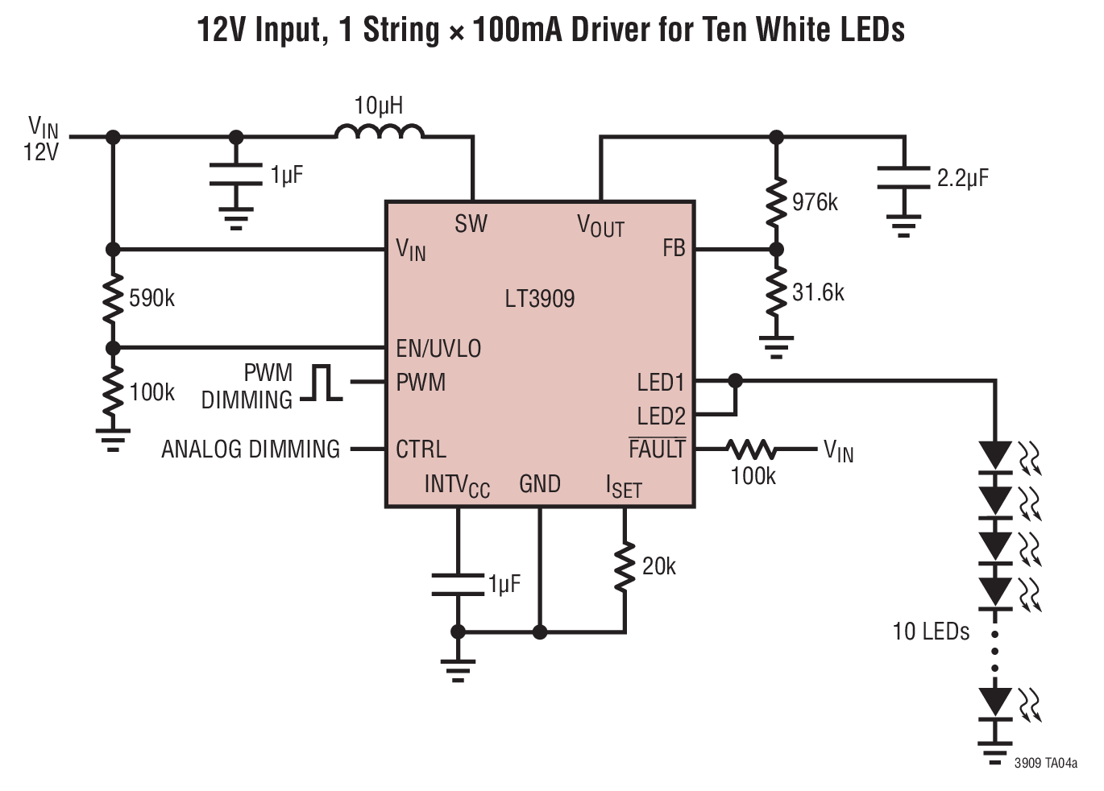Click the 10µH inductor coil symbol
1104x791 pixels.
[x=379, y=131]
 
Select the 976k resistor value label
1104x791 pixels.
[x=815, y=202]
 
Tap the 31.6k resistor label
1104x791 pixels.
[x=818, y=292]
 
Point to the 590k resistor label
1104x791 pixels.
[x=151, y=299]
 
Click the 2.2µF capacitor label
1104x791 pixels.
[x=962, y=178]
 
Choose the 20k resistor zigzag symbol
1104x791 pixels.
[x=625, y=566]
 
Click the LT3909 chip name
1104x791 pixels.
[x=540, y=299]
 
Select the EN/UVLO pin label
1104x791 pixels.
[x=438, y=349]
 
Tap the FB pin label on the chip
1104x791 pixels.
[x=674, y=248]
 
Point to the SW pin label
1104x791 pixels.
[x=471, y=224]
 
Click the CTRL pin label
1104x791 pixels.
[x=421, y=449]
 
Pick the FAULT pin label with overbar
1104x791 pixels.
[x=657, y=448]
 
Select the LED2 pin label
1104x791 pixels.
[x=661, y=416]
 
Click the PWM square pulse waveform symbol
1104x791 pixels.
[x=322, y=383]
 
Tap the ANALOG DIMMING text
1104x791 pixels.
[x=251, y=449]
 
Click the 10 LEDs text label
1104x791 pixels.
[x=931, y=632]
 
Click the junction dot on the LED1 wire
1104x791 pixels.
[x=735, y=381]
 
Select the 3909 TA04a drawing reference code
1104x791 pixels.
[x=1045, y=764]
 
